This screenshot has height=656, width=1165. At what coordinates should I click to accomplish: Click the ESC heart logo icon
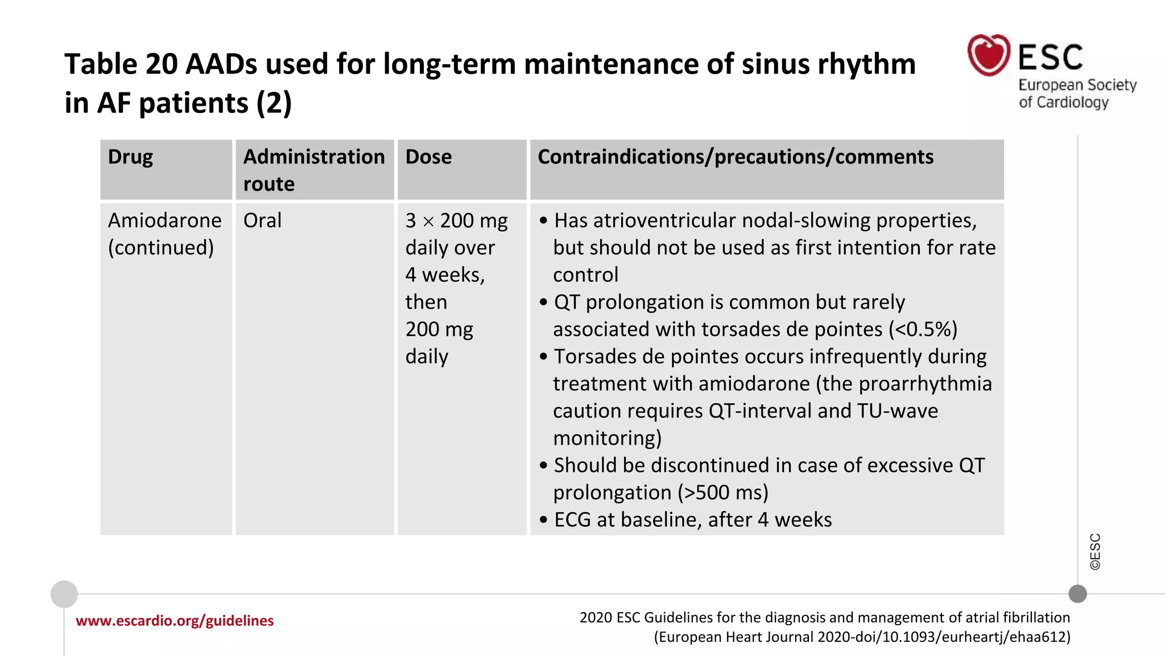(989, 55)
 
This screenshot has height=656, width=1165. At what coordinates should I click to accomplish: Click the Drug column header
(130, 157)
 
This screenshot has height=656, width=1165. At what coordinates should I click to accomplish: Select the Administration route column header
(313, 170)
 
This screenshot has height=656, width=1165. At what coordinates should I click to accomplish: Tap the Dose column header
(428, 157)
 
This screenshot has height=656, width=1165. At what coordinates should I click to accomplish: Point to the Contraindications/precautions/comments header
(735, 157)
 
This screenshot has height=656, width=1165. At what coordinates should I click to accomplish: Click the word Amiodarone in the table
(164, 221)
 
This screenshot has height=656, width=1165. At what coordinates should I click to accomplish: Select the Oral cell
(262, 221)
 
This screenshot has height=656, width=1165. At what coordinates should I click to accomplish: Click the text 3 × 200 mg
(456, 221)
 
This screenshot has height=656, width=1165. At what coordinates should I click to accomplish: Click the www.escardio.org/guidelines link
(175, 621)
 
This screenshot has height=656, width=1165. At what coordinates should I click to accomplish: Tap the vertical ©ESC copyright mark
(1095, 551)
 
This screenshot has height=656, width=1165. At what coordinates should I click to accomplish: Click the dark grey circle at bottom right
(1077, 594)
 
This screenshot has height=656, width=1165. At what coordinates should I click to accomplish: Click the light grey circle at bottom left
(64, 594)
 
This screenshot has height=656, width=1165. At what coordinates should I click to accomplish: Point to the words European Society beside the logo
(1077, 85)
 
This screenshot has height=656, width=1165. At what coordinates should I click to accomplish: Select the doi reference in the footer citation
(956, 637)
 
